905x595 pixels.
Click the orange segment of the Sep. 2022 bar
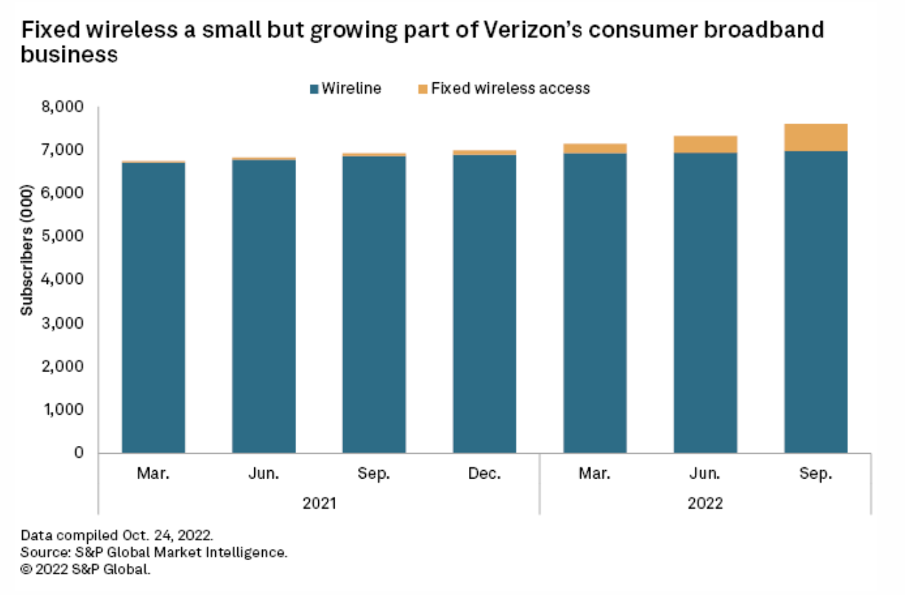coord(815,137)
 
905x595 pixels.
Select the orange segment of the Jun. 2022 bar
coord(705,144)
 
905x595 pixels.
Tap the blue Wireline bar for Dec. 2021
coord(484,304)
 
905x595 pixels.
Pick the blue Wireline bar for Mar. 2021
coord(153,307)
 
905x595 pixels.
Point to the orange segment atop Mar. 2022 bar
coord(595,148)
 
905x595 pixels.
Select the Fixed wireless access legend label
coord(510,89)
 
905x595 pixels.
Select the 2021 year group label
coord(320,503)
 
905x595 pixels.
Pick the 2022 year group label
coord(705,503)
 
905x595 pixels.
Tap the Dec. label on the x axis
coord(484,473)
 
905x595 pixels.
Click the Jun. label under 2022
coord(705,473)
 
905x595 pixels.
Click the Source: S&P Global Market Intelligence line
coord(153,552)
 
